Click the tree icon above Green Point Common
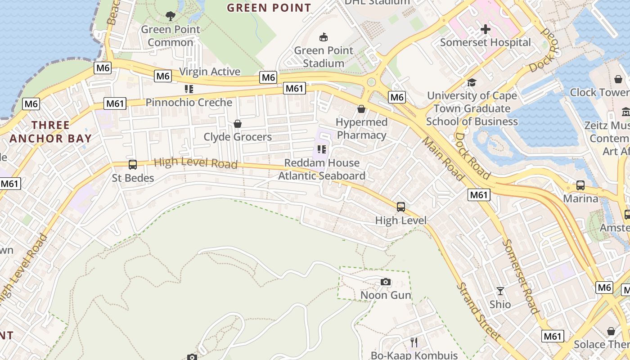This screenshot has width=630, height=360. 171,16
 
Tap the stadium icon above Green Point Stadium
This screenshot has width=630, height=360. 323,36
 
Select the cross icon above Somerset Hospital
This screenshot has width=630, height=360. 485,30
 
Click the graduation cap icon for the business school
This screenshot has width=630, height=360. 472,82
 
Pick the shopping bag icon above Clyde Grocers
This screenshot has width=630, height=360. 238,123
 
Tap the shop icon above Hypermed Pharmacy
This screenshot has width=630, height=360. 361,109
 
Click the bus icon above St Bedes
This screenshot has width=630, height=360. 133,165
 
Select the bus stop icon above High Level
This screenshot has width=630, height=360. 401,207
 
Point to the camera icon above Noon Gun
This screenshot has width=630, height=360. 386,282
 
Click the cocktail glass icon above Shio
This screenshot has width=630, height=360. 500,291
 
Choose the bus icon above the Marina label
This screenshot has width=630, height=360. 580,185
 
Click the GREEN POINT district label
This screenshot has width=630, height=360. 269,8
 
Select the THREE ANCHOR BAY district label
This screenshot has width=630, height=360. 50,132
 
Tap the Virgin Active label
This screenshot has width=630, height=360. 210,72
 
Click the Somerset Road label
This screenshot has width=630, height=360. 521,276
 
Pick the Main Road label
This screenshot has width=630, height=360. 443,159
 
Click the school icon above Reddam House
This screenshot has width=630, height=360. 321,149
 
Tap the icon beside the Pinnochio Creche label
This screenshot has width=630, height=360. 189,89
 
